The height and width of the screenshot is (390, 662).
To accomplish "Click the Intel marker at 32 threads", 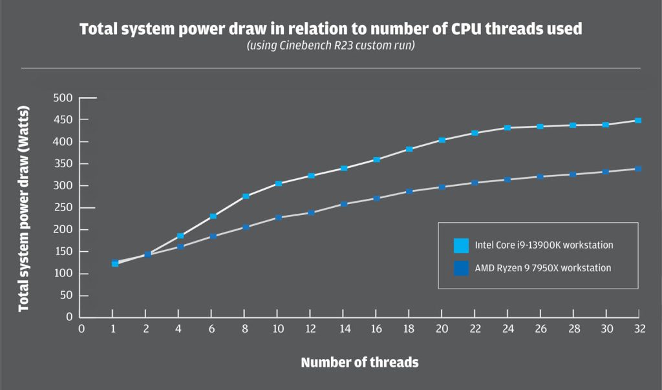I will pos(638,121).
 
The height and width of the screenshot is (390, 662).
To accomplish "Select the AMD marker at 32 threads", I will pos(638,169).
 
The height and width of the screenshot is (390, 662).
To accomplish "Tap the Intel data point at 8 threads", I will pos(246,196).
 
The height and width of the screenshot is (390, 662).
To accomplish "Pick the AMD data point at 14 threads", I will pos(344,204).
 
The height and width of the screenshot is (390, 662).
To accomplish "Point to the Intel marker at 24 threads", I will pos(507,128).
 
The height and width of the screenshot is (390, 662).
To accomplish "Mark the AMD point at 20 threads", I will pos(442,187).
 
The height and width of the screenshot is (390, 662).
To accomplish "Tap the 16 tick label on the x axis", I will pos(376,328).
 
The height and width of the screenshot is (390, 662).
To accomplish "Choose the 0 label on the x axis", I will pos(81,328).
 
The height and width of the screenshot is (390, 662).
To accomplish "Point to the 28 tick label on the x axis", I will pos(573,328).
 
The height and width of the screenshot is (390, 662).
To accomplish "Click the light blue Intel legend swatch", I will pos(461,245).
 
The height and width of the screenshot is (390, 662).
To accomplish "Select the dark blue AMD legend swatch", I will pos(461,268).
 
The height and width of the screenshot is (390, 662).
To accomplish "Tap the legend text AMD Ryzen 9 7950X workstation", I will pos(543,268).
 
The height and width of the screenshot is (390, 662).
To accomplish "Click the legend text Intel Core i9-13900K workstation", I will pos(544,245).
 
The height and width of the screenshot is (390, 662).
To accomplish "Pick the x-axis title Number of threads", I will pos(359,362).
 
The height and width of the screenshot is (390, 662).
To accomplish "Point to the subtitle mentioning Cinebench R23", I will pos(330,46).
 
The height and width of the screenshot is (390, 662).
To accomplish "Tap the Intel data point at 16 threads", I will pos(376,159).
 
